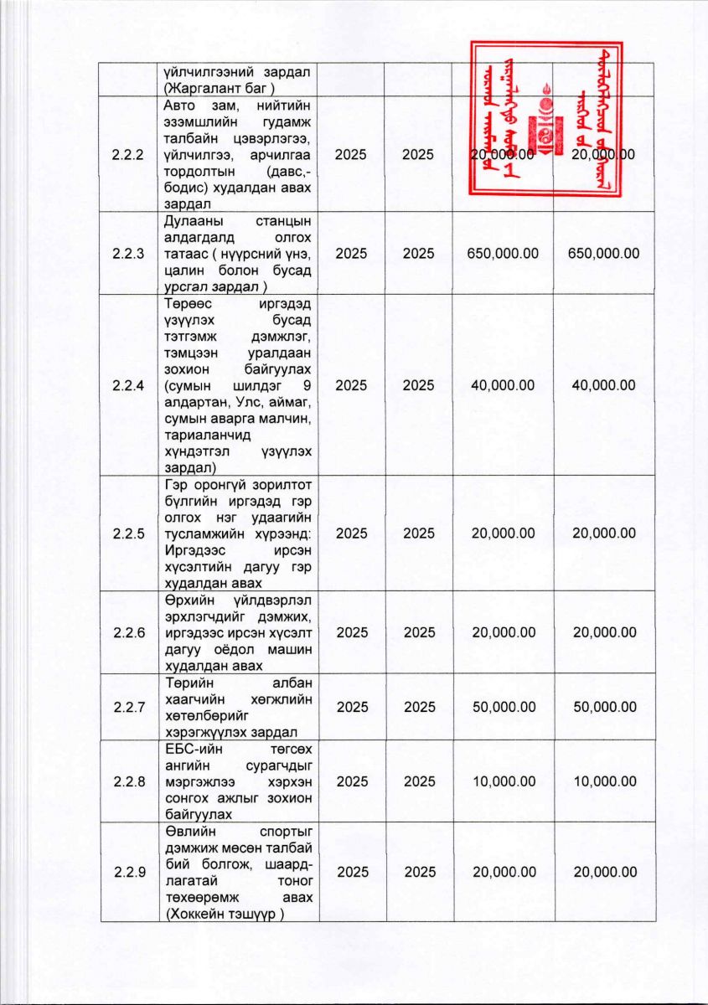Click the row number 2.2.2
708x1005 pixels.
point(128,155)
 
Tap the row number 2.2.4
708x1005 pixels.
point(128,385)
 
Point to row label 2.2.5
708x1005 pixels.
point(128,533)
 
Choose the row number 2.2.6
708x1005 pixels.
point(128,632)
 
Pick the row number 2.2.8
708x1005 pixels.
point(128,781)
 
